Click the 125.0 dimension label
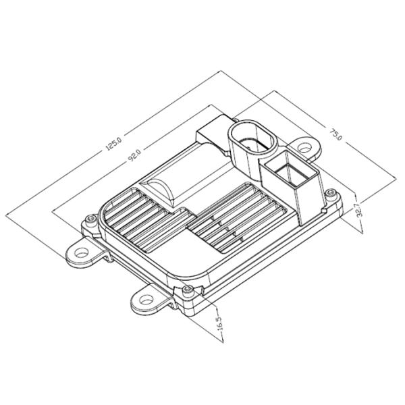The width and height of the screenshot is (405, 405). click(x=113, y=144)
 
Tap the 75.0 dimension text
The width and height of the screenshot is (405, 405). click(x=335, y=134)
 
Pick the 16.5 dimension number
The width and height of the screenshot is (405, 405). click(x=219, y=323)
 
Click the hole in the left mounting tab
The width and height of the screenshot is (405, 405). click(x=82, y=252)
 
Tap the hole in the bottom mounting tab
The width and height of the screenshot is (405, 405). click(x=146, y=300)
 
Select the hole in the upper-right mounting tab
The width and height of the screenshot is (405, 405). click(x=305, y=148)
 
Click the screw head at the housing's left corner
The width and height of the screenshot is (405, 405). click(x=90, y=219)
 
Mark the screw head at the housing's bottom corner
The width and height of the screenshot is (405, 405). click(x=187, y=290)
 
